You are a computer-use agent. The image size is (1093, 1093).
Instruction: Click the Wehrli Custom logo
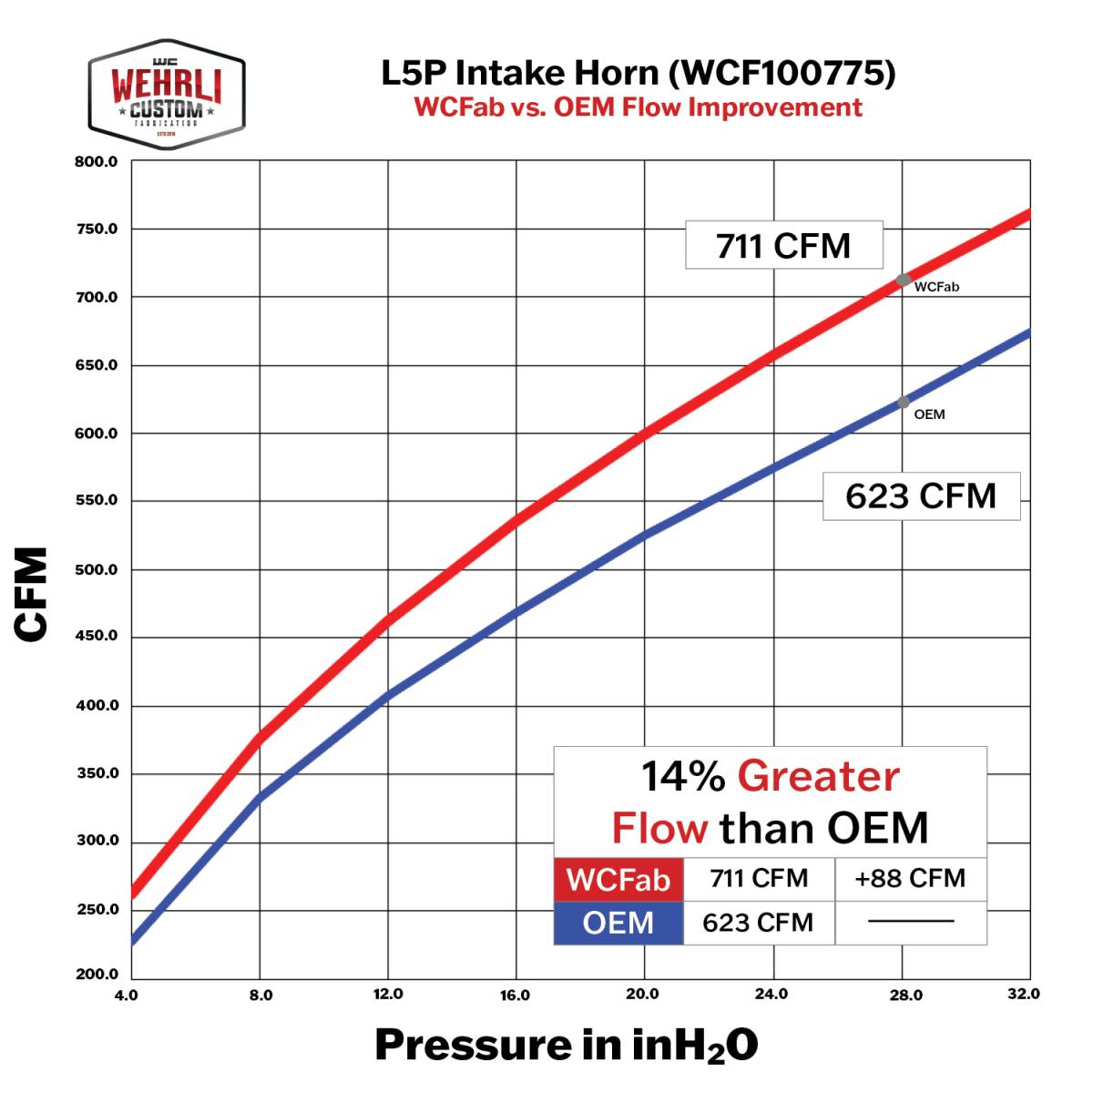(167, 95)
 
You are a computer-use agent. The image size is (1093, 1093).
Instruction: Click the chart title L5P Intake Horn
(638, 73)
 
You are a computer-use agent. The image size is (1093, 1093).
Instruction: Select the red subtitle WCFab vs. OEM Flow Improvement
(638, 107)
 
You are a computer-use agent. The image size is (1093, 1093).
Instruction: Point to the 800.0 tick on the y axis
(97, 162)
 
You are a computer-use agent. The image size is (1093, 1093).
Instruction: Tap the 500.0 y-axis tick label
(97, 570)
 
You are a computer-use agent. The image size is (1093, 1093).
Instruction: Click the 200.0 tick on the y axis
(97, 975)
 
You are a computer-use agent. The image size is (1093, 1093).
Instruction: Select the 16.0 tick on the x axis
(515, 996)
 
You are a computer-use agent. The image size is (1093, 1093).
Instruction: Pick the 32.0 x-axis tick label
(1024, 994)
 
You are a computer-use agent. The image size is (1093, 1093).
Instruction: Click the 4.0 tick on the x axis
(127, 995)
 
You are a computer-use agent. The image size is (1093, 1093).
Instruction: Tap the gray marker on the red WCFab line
(903, 281)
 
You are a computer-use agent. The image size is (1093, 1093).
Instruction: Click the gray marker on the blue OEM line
(903, 402)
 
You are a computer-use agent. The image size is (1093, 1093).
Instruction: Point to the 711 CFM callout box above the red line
(783, 245)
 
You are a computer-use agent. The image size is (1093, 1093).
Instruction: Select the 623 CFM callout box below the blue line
(921, 496)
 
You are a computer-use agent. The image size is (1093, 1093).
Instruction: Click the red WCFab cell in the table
(618, 880)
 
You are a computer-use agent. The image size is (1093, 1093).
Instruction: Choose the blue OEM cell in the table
(618, 923)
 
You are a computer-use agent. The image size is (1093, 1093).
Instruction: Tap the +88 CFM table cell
(910, 878)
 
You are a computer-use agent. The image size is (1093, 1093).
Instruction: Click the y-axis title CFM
(33, 594)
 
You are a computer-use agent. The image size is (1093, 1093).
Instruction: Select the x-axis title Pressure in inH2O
(566, 1046)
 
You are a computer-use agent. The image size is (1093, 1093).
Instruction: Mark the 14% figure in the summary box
(683, 777)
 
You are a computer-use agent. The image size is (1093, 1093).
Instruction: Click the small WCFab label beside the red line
(936, 287)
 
